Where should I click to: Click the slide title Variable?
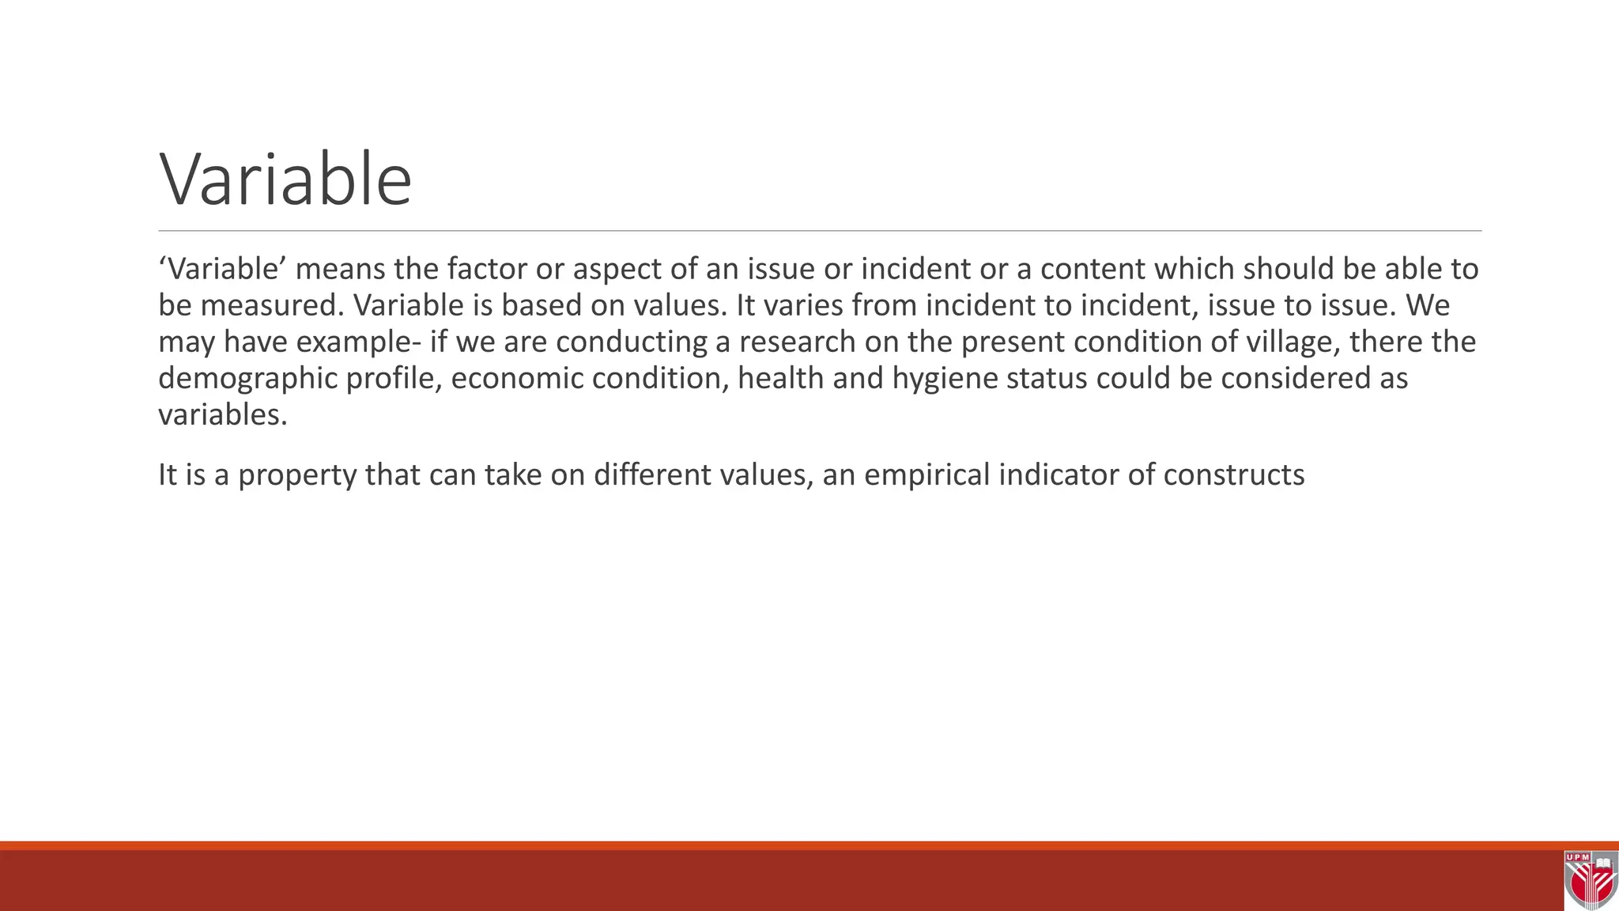point(285,180)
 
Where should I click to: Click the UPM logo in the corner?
point(1590,880)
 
